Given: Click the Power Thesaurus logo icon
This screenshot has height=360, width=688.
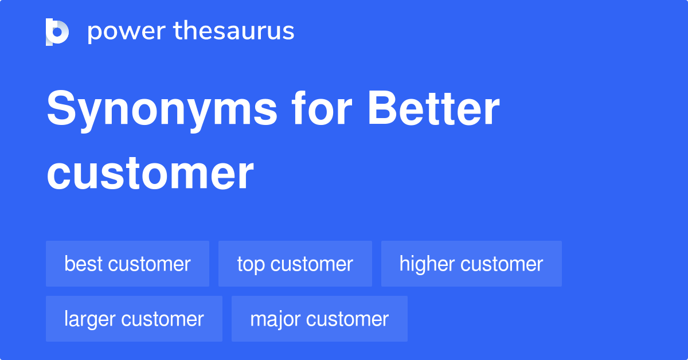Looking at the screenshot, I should [57, 32].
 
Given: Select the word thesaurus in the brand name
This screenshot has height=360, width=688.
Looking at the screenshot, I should [234, 32].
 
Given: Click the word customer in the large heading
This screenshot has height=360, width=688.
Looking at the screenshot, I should [150, 173].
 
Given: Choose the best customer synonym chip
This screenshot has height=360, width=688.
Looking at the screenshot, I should [127, 264].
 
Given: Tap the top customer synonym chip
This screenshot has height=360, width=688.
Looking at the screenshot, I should [295, 264].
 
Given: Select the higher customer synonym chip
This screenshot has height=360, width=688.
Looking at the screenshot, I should [471, 264].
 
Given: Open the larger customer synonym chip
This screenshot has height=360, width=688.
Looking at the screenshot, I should [134, 319].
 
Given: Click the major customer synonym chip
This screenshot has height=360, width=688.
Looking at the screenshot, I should [319, 319].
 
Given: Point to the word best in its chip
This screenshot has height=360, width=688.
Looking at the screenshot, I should [84, 264].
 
